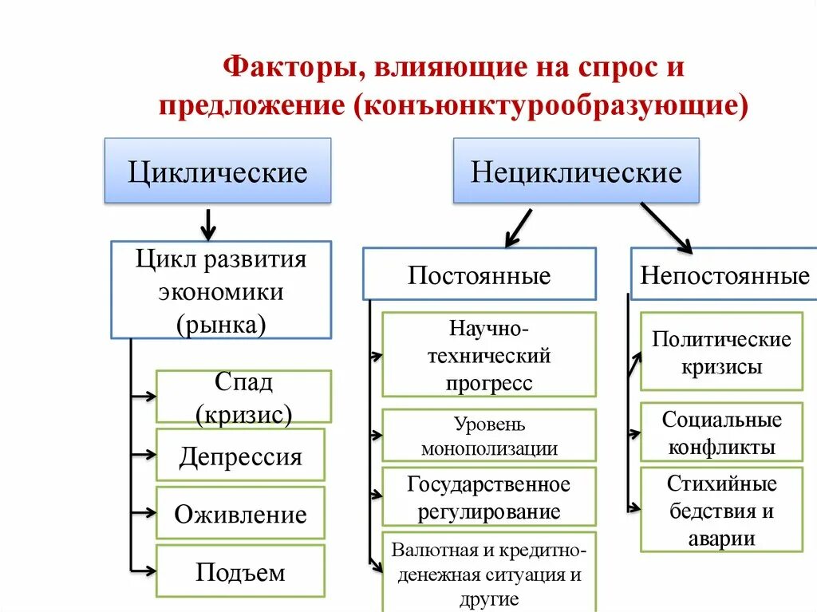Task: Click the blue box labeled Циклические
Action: [218, 171]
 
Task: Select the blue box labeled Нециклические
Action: [576, 171]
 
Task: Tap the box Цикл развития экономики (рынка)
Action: [221, 290]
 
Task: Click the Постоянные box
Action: [479, 274]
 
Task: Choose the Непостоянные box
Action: [724, 274]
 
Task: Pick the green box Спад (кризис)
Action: [243, 397]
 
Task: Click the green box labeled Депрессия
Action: [240, 455]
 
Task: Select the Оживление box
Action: [240, 512]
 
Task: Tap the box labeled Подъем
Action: [240, 571]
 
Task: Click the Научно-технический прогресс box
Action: [489, 354]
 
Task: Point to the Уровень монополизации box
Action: [489, 435]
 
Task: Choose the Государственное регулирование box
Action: [489, 496]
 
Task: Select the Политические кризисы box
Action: [721, 352]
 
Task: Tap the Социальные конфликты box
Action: [721, 432]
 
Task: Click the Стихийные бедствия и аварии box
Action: [721, 510]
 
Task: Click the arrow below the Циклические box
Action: [208, 223]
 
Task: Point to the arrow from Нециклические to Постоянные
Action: [519, 227]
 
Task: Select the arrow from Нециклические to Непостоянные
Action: [666, 227]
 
